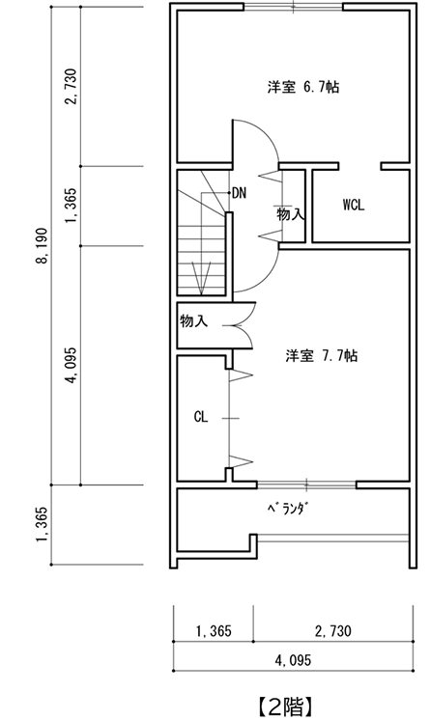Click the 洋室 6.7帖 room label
(x=302, y=87)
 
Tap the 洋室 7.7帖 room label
(x=322, y=355)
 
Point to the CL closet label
(x=201, y=417)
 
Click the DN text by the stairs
(x=240, y=192)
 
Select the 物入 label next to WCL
(x=291, y=214)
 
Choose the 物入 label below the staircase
(x=193, y=320)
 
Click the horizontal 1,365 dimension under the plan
(x=214, y=631)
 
